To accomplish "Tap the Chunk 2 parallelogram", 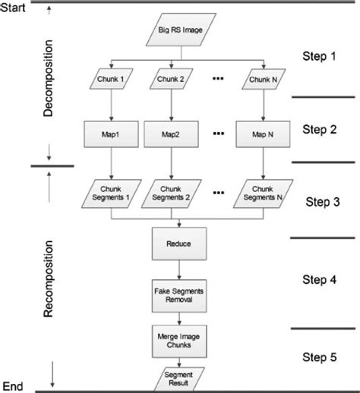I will [x=182, y=80].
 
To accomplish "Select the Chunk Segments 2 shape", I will [x=182, y=193].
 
